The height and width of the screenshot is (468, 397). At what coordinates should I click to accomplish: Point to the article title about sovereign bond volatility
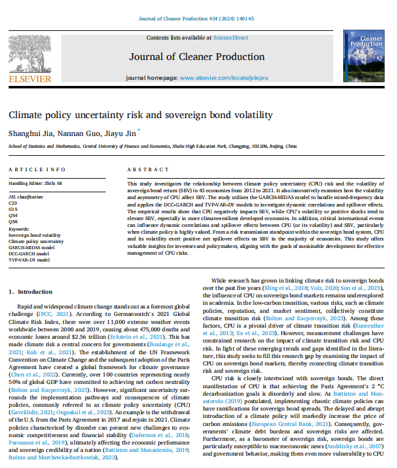click(140, 115)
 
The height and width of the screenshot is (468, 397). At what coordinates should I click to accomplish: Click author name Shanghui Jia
click(27, 132)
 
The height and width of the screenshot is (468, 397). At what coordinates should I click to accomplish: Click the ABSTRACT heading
click(144, 169)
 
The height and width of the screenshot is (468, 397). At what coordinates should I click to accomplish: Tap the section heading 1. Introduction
click(31, 291)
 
